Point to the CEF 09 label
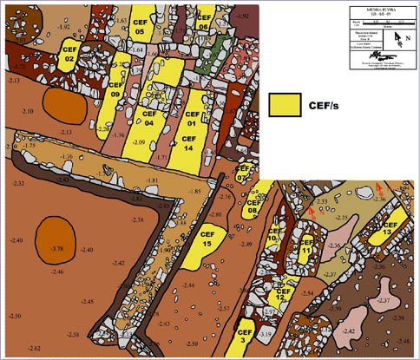(139, 88)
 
